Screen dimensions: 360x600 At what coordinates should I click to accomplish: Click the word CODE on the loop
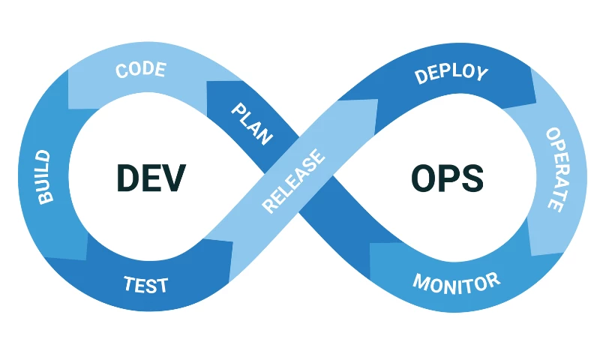pos(140,71)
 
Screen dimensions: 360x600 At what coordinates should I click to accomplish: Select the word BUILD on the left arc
pos(44,177)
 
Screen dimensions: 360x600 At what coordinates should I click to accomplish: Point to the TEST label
pos(145,285)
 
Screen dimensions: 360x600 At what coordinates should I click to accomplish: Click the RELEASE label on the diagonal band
pos(294,181)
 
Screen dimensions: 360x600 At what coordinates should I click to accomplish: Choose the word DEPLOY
pos(451,73)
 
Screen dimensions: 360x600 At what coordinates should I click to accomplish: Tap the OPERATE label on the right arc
pos(555,169)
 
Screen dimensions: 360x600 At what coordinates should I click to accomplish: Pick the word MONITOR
pos(456,283)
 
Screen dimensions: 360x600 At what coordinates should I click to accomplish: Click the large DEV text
pos(150,178)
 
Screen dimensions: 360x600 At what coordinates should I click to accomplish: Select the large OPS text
pos(447,178)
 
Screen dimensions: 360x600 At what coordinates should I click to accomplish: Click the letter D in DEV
pos(128,178)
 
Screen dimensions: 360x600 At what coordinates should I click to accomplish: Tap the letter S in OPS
pos(472,178)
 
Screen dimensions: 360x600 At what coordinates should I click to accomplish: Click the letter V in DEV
pos(173,178)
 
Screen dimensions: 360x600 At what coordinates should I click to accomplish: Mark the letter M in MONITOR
pos(421,286)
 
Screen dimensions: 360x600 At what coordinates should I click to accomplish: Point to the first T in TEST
pos(129,284)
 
